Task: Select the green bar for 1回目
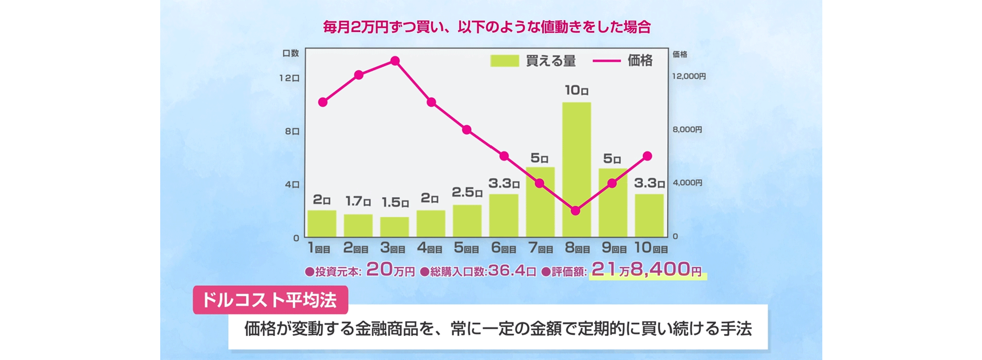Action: coord(322,223)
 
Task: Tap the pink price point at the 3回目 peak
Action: coord(395,61)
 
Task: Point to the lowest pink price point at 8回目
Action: coord(576,210)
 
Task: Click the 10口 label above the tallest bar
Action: coord(576,90)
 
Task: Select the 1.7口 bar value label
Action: coord(358,201)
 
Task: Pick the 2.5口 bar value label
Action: coord(467,192)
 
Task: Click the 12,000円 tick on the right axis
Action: coord(689,76)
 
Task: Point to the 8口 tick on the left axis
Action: coord(292,131)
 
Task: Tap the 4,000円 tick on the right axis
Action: coord(687,183)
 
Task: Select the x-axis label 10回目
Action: coord(651,248)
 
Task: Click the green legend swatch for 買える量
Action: coord(504,61)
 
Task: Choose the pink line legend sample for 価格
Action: coord(607,61)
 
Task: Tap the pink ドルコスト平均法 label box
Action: coord(270,300)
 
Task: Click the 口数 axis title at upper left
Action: coord(291,53)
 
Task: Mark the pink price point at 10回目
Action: coord(647,156)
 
